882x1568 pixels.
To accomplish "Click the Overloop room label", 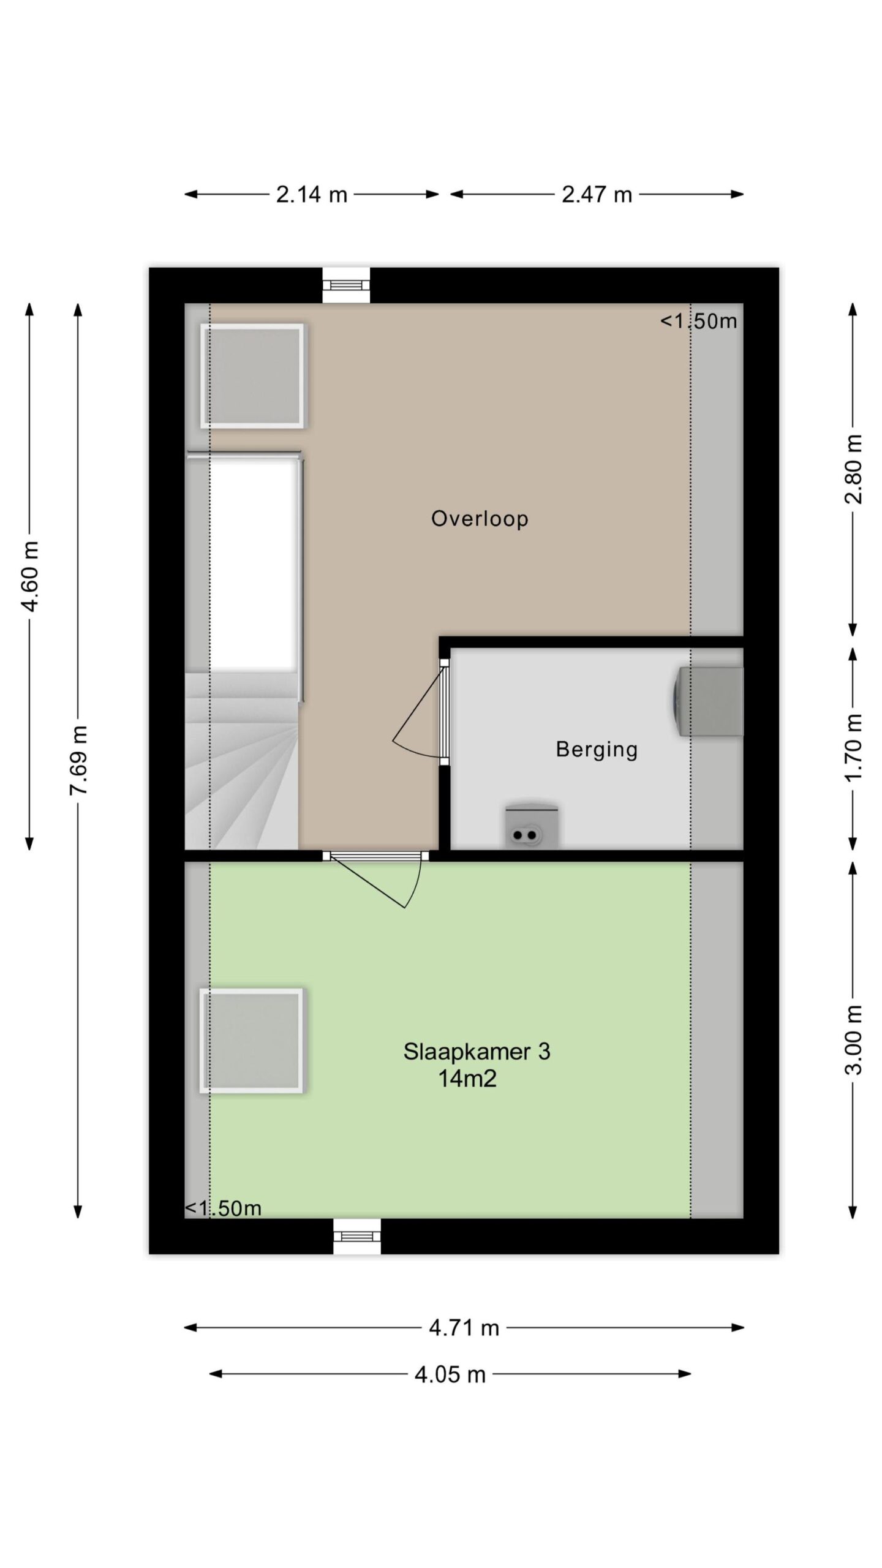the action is (x=480, y=519).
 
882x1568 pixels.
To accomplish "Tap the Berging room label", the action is (x=597, y=750).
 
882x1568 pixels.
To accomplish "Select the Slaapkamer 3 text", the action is (x=477, y=1051).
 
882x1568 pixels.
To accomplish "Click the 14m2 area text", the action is (x=467, y=1078).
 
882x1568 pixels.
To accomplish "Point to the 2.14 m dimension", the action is (x=311, y=195).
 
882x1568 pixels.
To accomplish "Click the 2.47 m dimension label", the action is (x=597, y=195).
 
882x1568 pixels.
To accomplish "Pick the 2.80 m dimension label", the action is (x=853, y=469).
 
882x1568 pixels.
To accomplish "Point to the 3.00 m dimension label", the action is (x=853, y=1039).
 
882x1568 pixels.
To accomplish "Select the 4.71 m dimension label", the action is (x=464, y=1328).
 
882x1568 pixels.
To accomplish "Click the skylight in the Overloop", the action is (x=252, y=376).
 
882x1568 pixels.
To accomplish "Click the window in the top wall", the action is (x=347, y=285).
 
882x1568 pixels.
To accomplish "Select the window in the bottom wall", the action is (x=357, y=1236).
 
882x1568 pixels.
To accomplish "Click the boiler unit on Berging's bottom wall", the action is (x=532, y=827).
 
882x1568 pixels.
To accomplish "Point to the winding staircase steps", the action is (x=241, y=759).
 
